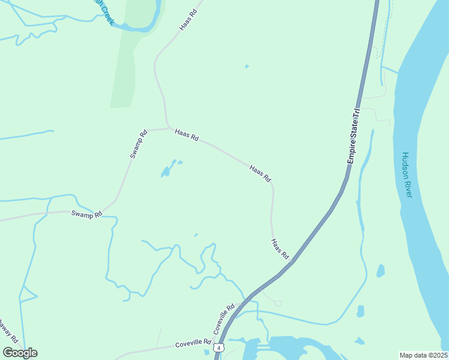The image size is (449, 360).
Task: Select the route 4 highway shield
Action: (220, 347)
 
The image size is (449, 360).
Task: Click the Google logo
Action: (20, 353)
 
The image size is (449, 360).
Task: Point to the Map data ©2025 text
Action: (424, 355)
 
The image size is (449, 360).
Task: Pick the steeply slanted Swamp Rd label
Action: (139, 145)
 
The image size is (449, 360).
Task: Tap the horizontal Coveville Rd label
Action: (193, 344)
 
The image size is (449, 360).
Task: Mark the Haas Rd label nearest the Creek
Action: (188, 19)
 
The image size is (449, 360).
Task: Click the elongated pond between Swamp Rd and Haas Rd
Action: (168, 169)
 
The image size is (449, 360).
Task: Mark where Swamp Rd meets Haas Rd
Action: (167, 128)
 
